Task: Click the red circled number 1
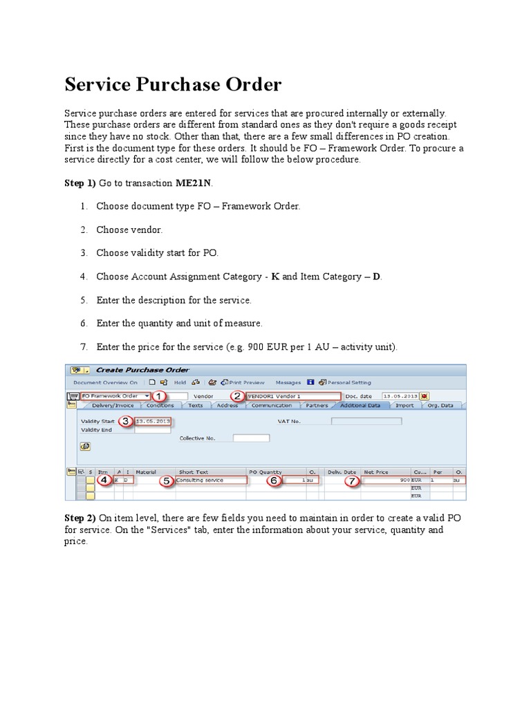point(159,396)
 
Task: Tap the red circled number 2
point(238,396)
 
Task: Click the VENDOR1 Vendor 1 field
point(293,396)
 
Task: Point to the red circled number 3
point(125,420)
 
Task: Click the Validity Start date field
point(153,420)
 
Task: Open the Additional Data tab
point(360,406)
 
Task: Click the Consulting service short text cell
point(211,480)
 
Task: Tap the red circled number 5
point(167,481)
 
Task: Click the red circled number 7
point(352,481)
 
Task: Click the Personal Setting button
point(348,382)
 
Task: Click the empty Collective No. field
point(250,438)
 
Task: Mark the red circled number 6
point(274,481)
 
